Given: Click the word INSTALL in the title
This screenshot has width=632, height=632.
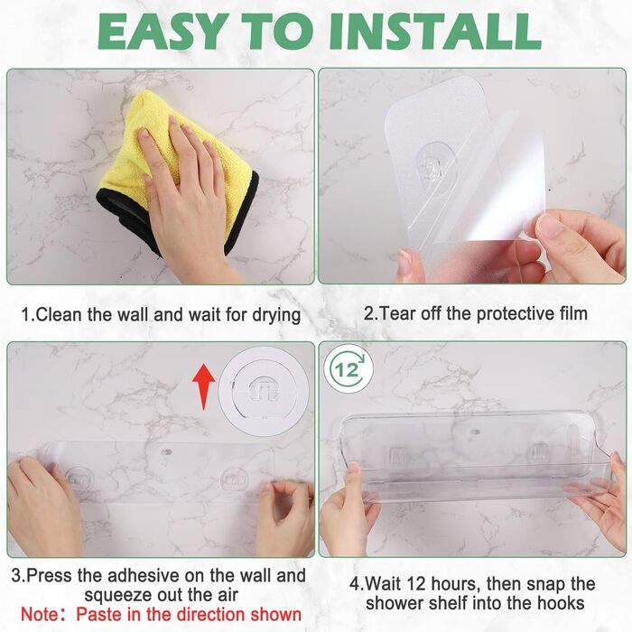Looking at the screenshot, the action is (x=435, y=32).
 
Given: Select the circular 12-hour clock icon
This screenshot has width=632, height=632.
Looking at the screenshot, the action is (x=349, y=368).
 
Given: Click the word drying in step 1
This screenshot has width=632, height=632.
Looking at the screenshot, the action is (x=276, y=315).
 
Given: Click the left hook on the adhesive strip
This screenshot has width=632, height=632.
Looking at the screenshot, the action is (x=79, y=479).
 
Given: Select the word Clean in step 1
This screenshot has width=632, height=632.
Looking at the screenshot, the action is (x=59, y=314).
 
